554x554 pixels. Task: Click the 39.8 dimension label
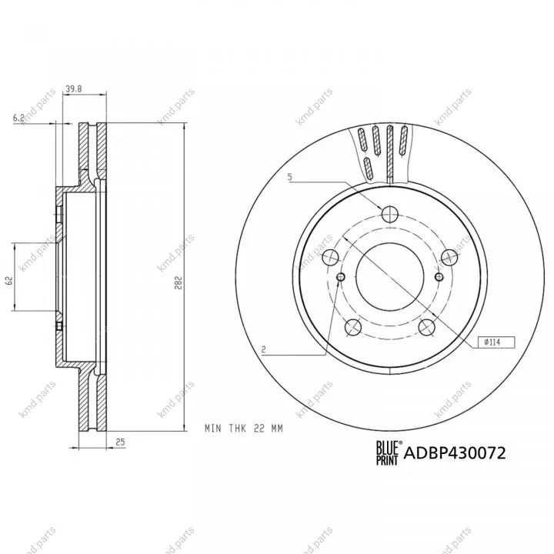tap(74, 89)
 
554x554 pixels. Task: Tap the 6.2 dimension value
tap(18, 118)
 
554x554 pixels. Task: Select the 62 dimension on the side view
tap(9, 281)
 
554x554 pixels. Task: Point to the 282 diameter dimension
tap(179, 282)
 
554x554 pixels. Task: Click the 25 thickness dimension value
tap(121, 442)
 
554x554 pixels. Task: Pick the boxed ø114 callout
tap(496, 342)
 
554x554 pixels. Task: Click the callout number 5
tap(290, 177)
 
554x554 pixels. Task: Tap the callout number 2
tap(263, 350)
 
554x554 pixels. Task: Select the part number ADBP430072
tap(455, 452)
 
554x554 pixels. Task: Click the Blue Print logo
tap(389, 452)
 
